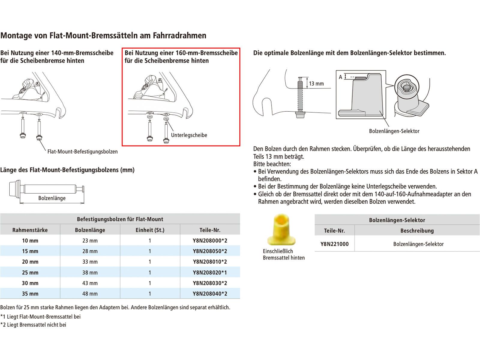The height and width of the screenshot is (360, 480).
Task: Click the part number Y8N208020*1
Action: tap(210, 272)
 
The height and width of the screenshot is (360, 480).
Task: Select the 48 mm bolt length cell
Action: tap(90, 294)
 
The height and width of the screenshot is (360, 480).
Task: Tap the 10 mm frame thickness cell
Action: tap(30, 241)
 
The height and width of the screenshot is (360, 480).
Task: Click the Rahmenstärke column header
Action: tap(30, 230)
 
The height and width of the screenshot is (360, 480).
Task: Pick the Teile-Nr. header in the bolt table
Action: tap(210, 230)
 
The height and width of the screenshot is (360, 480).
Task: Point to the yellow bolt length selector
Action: tap(281, 229)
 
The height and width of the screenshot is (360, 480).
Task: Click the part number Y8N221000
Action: tap(334, 244)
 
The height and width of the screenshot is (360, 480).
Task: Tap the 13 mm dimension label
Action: tap(316, 84)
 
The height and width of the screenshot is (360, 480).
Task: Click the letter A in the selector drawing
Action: tap(340, 77)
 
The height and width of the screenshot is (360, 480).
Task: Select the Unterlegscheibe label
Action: tap(189, 135)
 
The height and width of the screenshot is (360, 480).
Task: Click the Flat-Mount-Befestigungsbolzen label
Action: tap(82, 151)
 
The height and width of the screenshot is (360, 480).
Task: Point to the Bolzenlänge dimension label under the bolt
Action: tap(52, 198)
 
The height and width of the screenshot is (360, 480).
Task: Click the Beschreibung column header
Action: tap(417, 231)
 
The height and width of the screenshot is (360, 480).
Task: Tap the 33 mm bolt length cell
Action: tap(90, 262)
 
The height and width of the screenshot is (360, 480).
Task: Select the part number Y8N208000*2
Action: tap(210, 241)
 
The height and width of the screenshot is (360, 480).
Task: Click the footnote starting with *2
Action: tap(33, 325)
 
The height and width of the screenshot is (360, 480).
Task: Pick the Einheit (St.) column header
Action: tap(150, 230)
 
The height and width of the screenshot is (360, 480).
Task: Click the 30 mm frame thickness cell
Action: tap(30, 283)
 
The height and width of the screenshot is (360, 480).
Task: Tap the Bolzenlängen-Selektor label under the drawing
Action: tap(394, 131)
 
